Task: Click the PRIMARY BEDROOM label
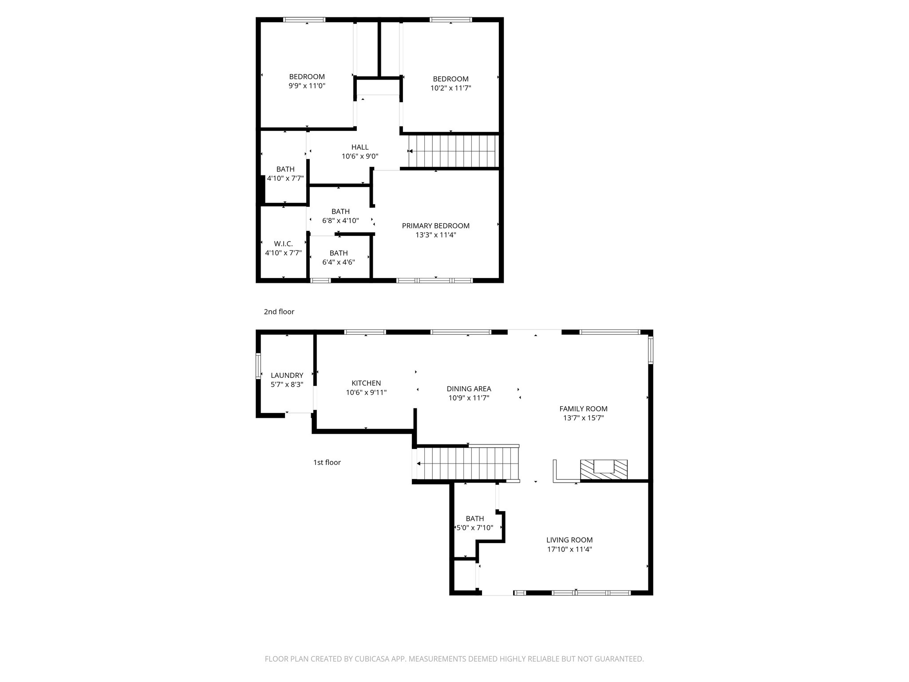(x=435, y=226)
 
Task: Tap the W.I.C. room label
(x=283, y=244)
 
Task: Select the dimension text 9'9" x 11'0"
(x=307, y=86)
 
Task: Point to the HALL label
(x=360, y=147)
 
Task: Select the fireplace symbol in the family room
(x=604, y=469)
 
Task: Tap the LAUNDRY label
(x=287, y=375)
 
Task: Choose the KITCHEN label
(x=366, y=383)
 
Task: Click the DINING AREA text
(x=469, y=389)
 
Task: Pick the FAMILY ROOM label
(x=583, y=408)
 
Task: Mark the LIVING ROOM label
(x=569, y=540)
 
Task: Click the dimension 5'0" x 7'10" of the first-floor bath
(x=474, y=527)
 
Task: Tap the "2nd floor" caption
(x=279, y=312)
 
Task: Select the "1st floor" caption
(x=327, y=462)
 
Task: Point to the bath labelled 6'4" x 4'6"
(x=338, y=253)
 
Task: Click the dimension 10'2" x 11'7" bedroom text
(x=451, y=88)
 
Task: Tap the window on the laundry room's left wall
(x=258, y=366)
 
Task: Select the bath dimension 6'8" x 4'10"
(x=340, y=220)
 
